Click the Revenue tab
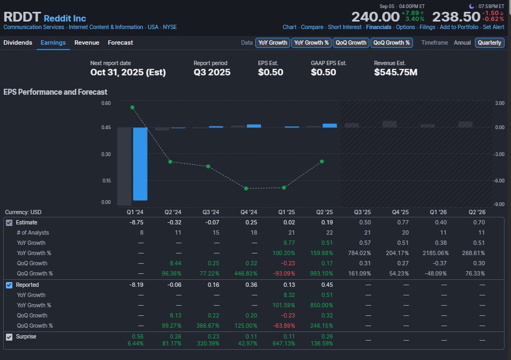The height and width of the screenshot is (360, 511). (x=87, y=43)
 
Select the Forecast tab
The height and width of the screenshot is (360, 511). (x=120, y=43)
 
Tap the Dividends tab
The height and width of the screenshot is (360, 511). (x=18, y=43)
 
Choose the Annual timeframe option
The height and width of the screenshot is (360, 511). (x=462, y=43)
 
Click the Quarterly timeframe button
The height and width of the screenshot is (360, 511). (x=489, y=43)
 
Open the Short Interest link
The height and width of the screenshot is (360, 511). (x=345, y=27)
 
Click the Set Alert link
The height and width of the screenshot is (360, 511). (x=493, y=27)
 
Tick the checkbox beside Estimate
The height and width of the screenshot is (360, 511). (x=9, y=222)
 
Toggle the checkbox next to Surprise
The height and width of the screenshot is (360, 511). (x=9, y=337)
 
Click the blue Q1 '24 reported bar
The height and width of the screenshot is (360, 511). (x=140, y=164)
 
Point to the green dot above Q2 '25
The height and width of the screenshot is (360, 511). (x=321, y=161)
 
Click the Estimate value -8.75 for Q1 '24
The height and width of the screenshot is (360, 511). (x=136, y=222)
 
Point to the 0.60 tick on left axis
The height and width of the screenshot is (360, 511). (x=106, y=103)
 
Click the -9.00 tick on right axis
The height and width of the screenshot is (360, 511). (x=499, y=204)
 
